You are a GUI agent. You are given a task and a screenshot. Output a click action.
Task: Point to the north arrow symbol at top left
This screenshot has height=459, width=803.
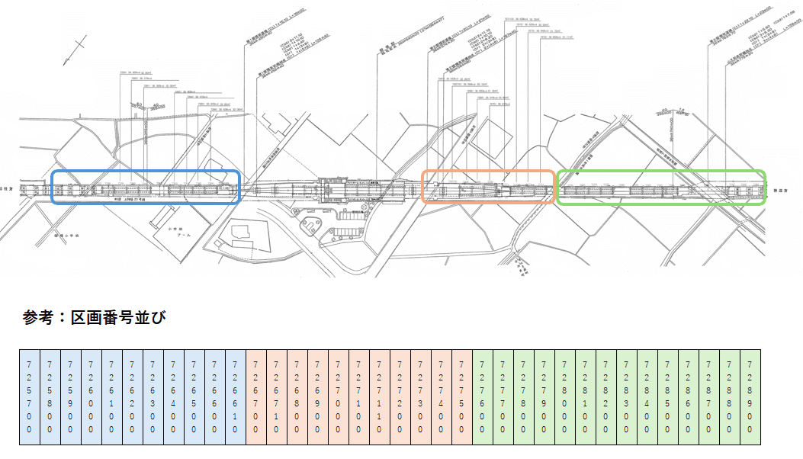click(x=72, y=50)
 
